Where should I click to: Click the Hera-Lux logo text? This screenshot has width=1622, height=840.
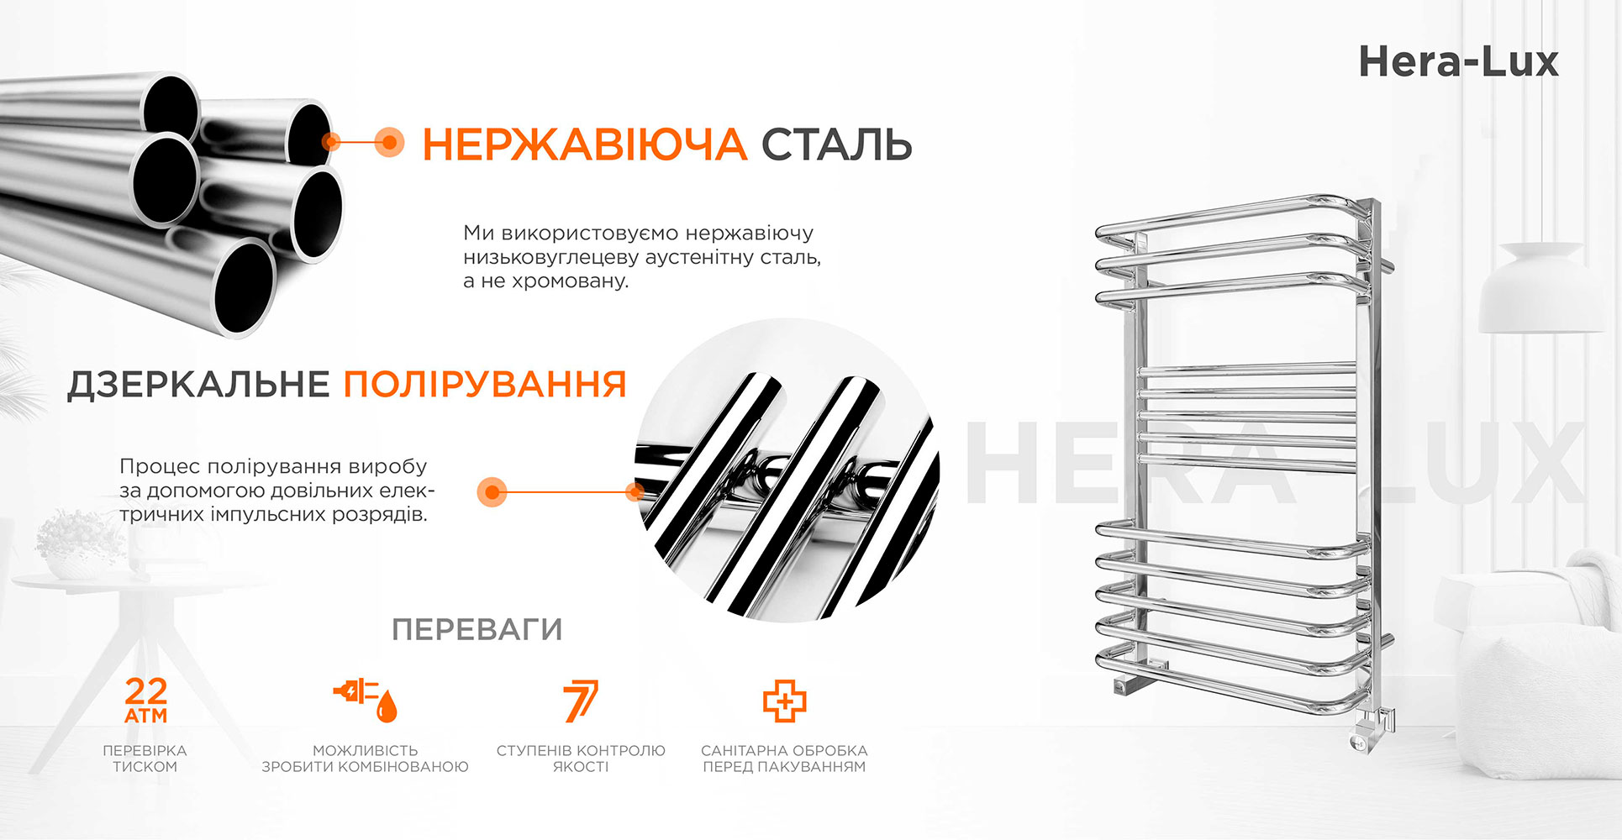1458,62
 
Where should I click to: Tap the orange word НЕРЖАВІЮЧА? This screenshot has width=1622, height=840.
584,144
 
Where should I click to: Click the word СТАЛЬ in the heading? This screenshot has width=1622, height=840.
836,144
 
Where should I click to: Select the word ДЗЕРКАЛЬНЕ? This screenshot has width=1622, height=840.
198,385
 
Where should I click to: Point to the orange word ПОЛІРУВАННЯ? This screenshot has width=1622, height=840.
485,385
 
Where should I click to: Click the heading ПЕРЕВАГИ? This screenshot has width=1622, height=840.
477,629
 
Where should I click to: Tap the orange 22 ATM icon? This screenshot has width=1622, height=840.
146,701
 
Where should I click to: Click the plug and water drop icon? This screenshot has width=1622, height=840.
366,701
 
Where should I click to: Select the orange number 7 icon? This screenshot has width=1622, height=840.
581,701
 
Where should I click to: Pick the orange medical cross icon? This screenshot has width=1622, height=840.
784,701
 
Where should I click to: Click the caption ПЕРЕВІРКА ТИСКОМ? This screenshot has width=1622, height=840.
145,759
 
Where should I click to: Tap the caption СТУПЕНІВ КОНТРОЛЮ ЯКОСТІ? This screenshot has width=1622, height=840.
581,759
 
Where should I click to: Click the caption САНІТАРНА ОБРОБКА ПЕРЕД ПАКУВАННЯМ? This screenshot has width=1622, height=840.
784,759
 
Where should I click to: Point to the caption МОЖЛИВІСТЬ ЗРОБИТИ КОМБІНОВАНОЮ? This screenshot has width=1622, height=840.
366,759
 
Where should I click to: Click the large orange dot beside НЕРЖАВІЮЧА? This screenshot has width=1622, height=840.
388,142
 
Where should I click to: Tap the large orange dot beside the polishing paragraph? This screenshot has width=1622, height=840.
492,491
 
